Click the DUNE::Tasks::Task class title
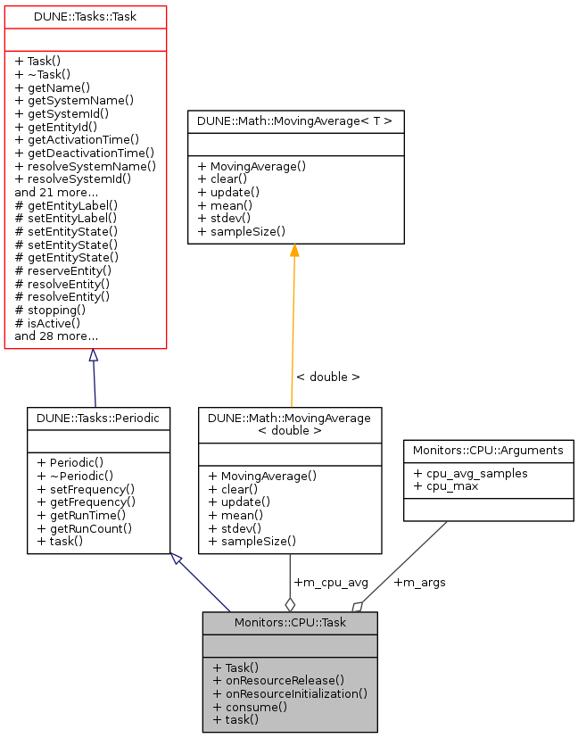click(x=86, y=17)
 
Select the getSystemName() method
click(x=63, y=101)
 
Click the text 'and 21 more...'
click(x=56, y=191)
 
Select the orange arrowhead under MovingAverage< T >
click(x=294, y=250)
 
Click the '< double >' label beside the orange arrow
click(x=327, y=377)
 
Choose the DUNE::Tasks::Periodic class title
click(x=98, y=418)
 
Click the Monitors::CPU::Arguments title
click(x=488, y=450)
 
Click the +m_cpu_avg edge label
click(x=331, y=583)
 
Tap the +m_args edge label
click(x=419, y=583)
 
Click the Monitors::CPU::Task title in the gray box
click(x=290, y=622)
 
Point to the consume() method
click(x=250, y=706)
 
